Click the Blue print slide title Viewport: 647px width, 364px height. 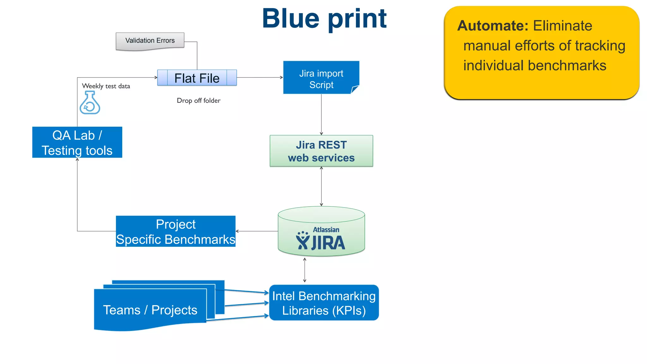pos(324,18)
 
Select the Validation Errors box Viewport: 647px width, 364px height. pos(150,41)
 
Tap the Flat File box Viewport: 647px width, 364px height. pos(197,78)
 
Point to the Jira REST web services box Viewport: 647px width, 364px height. pos(321,151)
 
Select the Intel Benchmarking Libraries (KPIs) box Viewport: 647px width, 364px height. pos(323,303)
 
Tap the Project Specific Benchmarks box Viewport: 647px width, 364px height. pos(175,232)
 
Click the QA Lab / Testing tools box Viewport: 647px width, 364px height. pos(77,143)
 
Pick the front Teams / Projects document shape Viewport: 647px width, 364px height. pos(150,310)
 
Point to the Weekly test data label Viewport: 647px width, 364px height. pos(106,86)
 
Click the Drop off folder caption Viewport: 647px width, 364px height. pos(198,100)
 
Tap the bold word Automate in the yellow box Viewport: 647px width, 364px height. pos(493,26)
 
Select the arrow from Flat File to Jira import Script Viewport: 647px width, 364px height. pos(260,77)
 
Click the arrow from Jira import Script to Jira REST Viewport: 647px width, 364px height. pos(321,114)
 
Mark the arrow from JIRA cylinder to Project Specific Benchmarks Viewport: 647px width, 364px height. pos(257,231)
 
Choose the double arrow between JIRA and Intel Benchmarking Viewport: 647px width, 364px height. pos(305,270)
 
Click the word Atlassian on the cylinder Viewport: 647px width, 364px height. pos(326,230)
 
